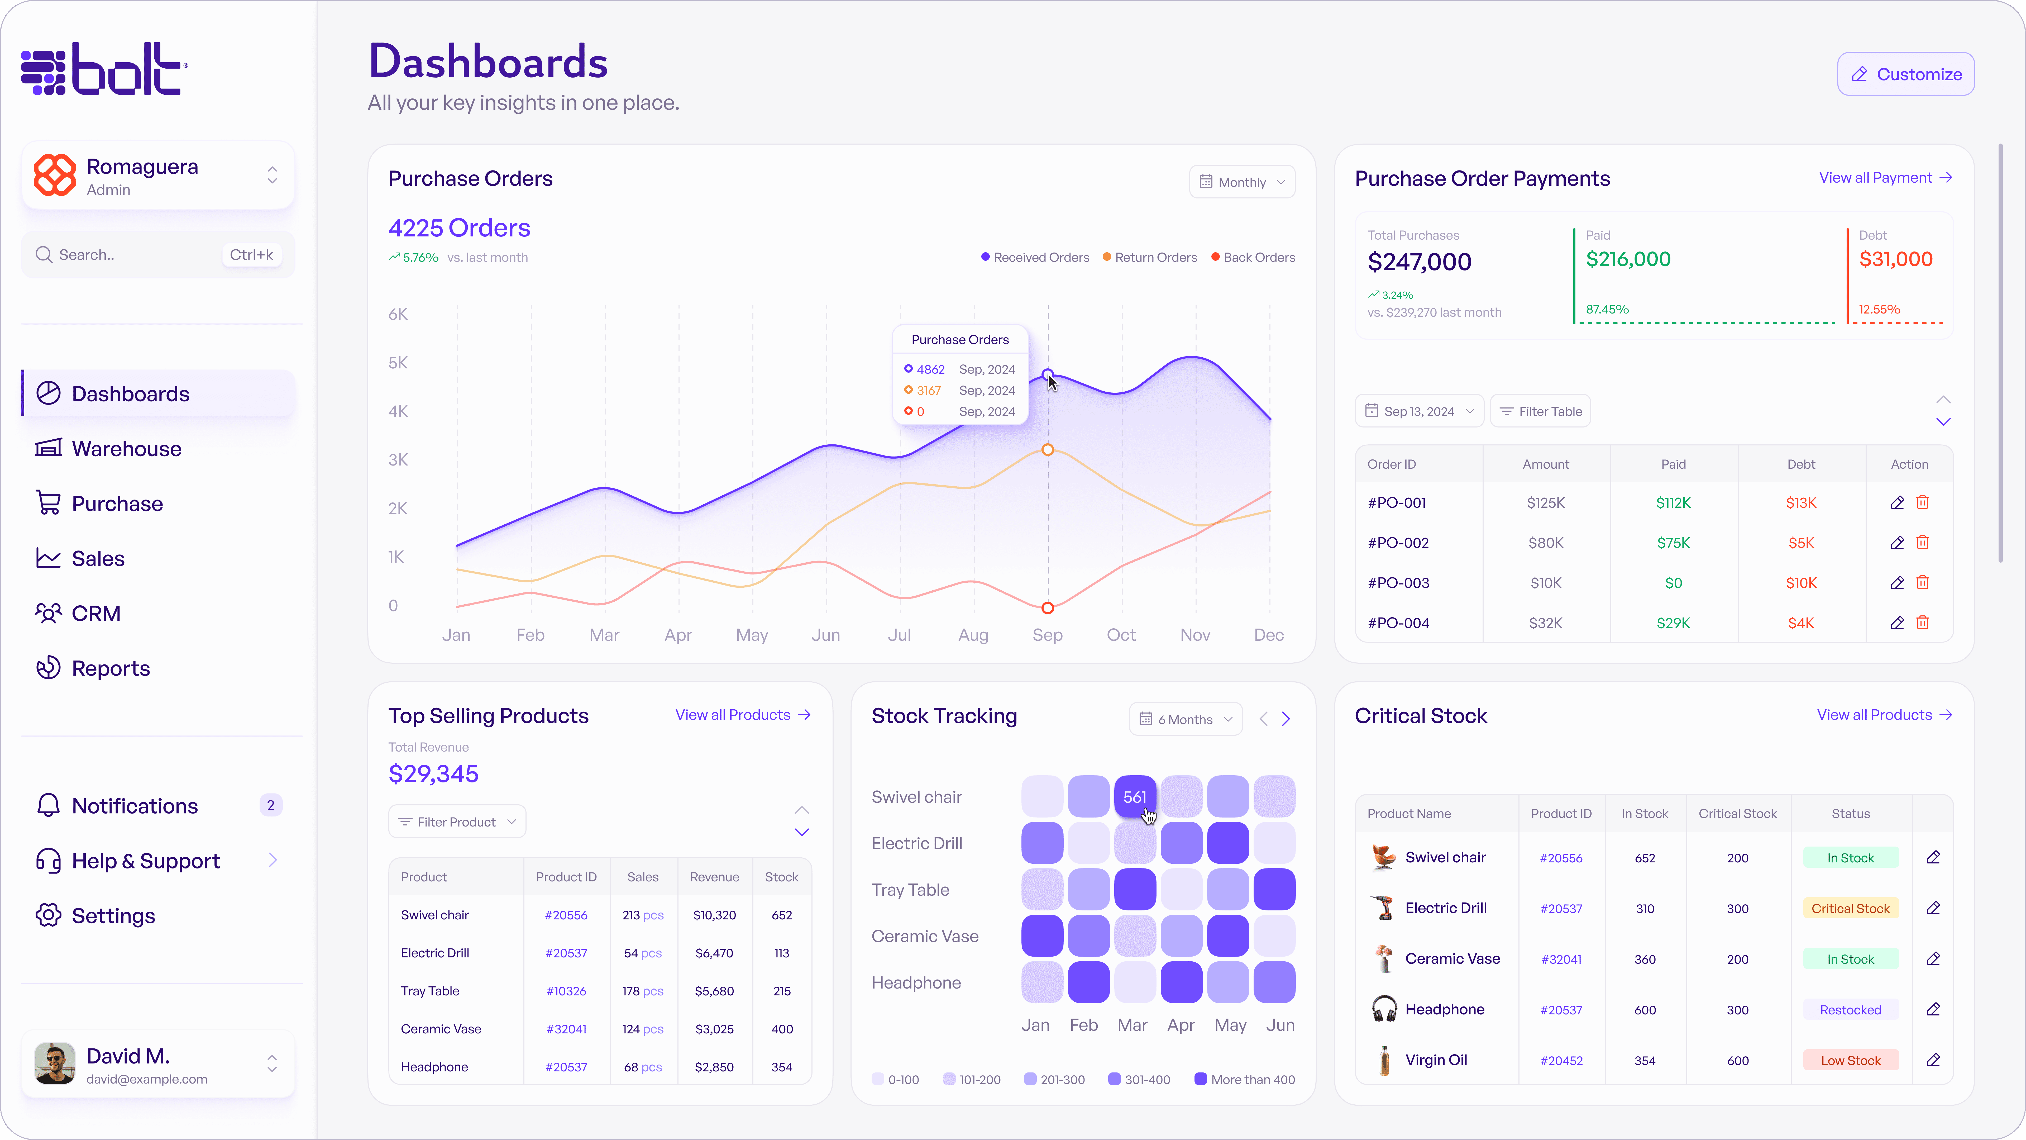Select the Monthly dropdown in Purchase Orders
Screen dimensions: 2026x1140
[1242, 182]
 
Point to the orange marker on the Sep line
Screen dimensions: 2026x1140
[1048, 450]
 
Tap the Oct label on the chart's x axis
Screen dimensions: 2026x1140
[1121, 635]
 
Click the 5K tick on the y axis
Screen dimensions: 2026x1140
[398, 363]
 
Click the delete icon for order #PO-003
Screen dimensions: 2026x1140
[1922, 582]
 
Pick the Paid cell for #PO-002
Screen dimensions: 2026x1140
[1673, 543]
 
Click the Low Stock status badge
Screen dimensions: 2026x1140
[1850, 1061]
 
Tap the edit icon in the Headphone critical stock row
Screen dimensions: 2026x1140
[1933, 1009]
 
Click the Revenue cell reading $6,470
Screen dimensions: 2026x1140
[714, 953]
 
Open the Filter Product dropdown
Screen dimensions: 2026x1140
[457, 821]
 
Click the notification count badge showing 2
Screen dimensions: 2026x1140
[271, 806]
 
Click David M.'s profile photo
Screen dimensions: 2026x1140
[54, 1064]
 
